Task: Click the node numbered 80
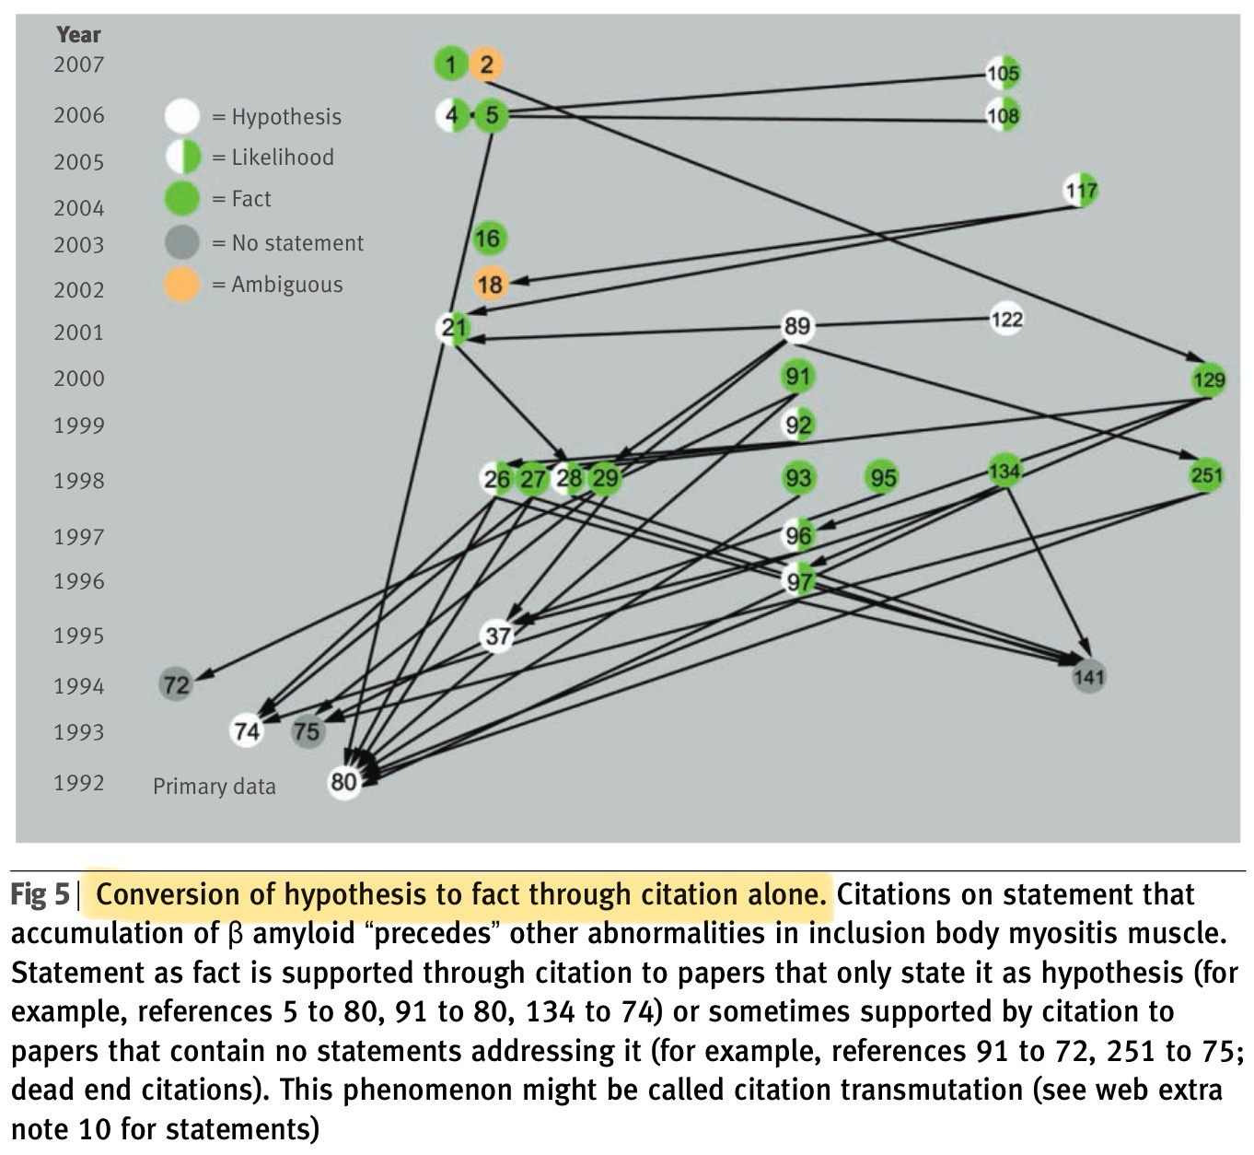(343, 782)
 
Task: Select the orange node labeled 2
(486, 64)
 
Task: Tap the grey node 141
(1089, 677)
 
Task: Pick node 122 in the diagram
(1006, 320)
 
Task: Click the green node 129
(1208, 379)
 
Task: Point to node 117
(1080, 191)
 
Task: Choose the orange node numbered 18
(490, 284)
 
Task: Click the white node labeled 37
(498, 636)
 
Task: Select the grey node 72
(176, 684)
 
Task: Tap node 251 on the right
(1206, 475)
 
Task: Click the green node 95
(882, 477)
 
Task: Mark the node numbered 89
(797, 326)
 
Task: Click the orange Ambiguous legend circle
(181, 285)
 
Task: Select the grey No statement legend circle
(181, 243)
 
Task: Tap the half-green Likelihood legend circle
(182, 157)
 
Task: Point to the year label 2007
(79, 64)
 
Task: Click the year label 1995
(79, 636)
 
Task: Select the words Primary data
(215, 786)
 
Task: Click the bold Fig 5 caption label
(40, 895)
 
